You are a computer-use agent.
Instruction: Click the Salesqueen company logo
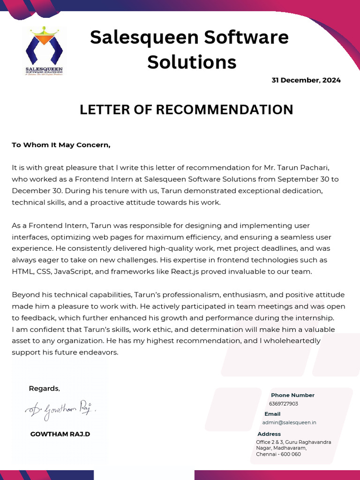pos(44,51)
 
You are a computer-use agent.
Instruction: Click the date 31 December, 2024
pos(306,80)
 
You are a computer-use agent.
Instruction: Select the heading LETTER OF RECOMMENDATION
pos(186,110)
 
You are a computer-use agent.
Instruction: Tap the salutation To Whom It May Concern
pos(61,145)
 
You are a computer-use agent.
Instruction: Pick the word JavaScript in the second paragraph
pos(74,271)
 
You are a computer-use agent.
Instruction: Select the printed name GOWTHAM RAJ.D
pos(60,434)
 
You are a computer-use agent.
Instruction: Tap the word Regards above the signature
pos(44,389)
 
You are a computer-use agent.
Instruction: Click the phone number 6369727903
pos(283,404)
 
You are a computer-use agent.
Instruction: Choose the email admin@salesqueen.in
pos(289,422)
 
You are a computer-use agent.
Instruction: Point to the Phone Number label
pos(292,395)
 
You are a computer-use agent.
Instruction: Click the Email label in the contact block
pos(272,414)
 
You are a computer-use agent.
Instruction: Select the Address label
pos(269,434)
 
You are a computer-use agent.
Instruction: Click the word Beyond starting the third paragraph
pos(24,295)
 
